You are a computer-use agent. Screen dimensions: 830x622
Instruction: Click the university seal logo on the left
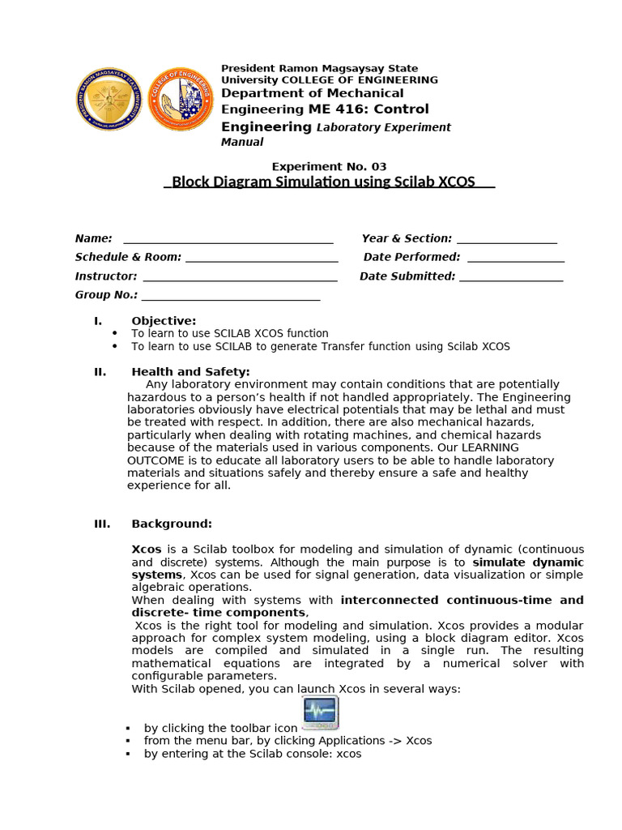click(109, 99)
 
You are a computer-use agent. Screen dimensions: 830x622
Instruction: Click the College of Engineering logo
click(182, 99)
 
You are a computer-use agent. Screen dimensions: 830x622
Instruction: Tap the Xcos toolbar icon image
click(320, 712)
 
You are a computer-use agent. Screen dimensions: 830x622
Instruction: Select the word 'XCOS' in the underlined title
click(456, 182)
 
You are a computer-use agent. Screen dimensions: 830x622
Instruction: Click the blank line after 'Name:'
click(228, 240)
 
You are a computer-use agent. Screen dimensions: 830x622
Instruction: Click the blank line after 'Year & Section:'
click(506, 240)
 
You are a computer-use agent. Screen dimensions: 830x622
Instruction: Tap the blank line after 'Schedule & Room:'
click(261, 259)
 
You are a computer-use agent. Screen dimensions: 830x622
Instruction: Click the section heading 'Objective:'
click(164, 321)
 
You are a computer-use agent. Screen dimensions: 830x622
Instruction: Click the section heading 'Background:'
click(172, 524)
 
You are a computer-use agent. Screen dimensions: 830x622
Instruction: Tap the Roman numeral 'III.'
click(102, 524)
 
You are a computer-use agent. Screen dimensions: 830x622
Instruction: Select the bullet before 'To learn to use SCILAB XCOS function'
click(114, 333)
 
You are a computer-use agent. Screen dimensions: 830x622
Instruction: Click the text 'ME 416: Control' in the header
click(369, 109)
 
